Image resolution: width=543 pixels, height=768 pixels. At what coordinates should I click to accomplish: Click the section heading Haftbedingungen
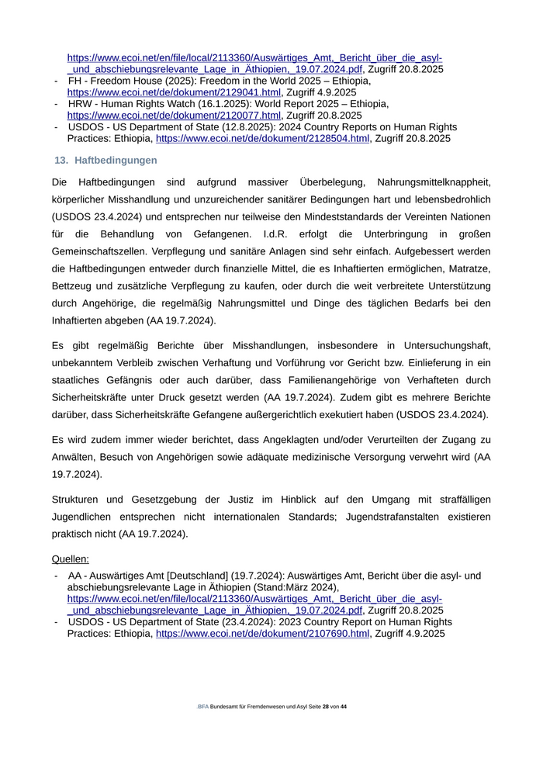(116, 161)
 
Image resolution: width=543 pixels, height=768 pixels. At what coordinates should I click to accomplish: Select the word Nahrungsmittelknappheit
(434, 182)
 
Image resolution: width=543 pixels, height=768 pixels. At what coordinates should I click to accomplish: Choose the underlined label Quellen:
(71, 559)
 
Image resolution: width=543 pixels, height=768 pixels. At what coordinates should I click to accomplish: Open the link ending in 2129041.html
(174, 92)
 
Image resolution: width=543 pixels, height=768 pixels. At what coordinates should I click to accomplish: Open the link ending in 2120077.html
(174, 116)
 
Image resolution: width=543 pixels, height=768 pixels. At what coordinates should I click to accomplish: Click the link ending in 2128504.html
(262, 139)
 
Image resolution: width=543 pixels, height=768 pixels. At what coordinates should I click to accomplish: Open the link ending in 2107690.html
(262, 634)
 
